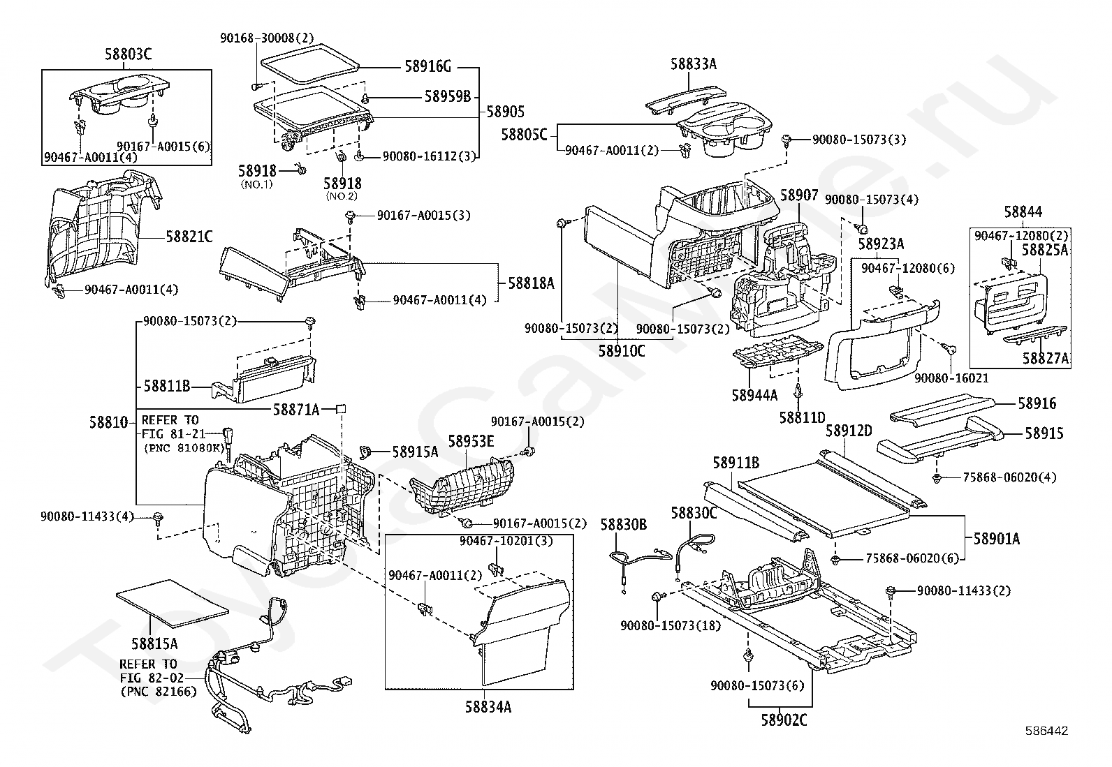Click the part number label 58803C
[128, 54]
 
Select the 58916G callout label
[428, 66]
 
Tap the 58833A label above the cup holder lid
[694, 64]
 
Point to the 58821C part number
[189, 237]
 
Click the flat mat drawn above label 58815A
[173, 603]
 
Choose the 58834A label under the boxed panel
[488, 706]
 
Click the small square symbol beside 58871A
[341, 409]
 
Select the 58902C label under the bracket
[784, 720]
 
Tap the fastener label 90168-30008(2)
[267, 38]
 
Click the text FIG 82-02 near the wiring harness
[152, 678]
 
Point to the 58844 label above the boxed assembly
[1023, 212]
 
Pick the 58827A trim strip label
[1046, 358]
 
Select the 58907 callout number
[799, 195]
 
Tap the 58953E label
[471, 441]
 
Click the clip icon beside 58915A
[367, 452]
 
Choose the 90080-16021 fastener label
[951, 378]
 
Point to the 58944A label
[754, 395]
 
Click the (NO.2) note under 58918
[342, 196]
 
